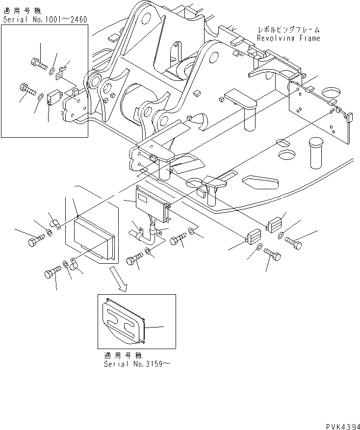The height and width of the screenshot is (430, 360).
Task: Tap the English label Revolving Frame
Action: (x=288, y=38)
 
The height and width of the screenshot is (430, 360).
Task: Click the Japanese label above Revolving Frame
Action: (x=288, y=30)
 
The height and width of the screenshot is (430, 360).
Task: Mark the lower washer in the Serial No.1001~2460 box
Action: (x=41, y=95)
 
